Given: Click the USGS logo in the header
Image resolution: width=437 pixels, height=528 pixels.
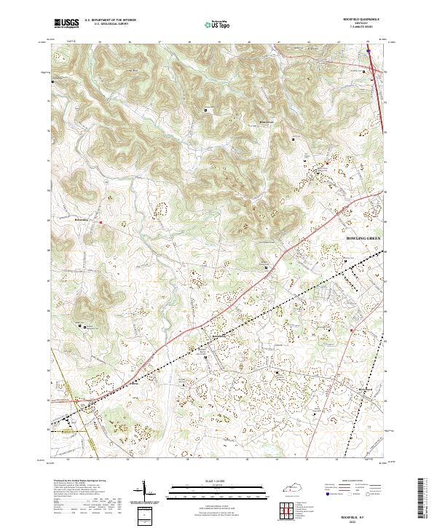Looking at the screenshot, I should [67, 23].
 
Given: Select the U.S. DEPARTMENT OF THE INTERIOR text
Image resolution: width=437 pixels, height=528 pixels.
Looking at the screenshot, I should [110, 20].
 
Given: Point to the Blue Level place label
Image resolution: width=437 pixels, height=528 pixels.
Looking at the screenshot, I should [247, 122].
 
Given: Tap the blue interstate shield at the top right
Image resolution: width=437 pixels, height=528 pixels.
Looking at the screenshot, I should [369, 52].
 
